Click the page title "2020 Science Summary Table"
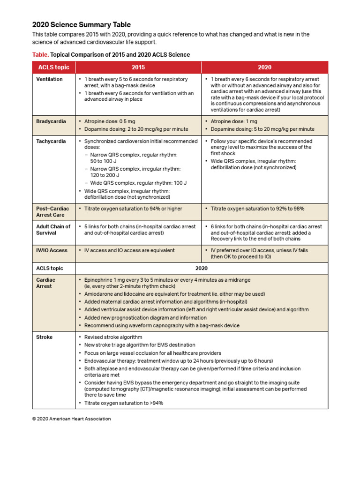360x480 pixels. click(81, 25)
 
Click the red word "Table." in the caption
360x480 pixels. click(40, 55)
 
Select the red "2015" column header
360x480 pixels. click(138, 67)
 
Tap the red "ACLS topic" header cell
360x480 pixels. click(53, 67)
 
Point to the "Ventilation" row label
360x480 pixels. click(49, 79)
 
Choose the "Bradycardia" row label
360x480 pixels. click(51, 121)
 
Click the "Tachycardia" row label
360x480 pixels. click(51, 141)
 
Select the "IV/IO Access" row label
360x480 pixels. click(52, 250)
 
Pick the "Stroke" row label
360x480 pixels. click(45, 337)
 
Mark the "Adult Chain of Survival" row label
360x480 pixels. click(53, 230)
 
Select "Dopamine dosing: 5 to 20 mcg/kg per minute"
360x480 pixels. click(262, 129)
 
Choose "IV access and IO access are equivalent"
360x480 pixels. click(129, 250)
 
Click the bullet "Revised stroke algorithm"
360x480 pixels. click(113, 337)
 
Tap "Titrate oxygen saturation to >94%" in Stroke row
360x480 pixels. click(124, 403)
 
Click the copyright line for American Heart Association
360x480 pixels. click(71, 419)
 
